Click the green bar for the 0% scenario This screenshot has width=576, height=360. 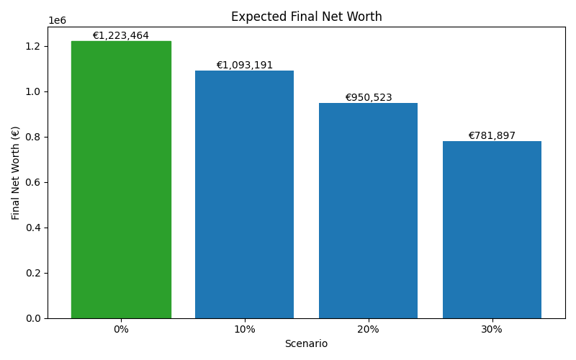[x=121, y=180]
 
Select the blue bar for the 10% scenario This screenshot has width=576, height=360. [x=244, y=194]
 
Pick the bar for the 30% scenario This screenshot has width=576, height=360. [x=492, y=230]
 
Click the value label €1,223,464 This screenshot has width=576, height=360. [x=121, y=36]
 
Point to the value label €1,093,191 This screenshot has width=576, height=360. [x=244, y=66]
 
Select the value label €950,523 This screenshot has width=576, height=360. [x=368, y=98]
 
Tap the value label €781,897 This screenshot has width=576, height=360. [x=492, y=136]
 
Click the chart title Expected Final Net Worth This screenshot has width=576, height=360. [x=306, y=17]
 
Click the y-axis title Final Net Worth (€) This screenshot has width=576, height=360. [x=16, y=173]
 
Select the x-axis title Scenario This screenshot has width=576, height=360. [x=306, y=344]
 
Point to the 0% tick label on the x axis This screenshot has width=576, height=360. [x=121, y=329]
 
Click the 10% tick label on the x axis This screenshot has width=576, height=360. [x=244, y=329]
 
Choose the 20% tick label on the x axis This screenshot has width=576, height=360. [x=368, y=329]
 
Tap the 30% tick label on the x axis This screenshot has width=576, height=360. [x=492, y=329]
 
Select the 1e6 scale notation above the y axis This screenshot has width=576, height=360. [x=57, y=21]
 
